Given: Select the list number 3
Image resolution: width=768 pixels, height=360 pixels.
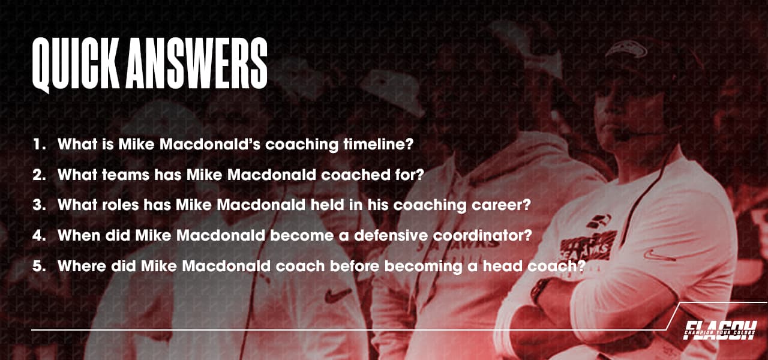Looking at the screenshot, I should [39, 205].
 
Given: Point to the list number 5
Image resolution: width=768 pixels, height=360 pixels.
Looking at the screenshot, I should [39, 266].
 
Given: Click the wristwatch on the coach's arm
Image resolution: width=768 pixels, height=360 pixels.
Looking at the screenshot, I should [539, 292].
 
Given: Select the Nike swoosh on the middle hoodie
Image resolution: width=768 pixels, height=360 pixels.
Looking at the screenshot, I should [337, 295].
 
